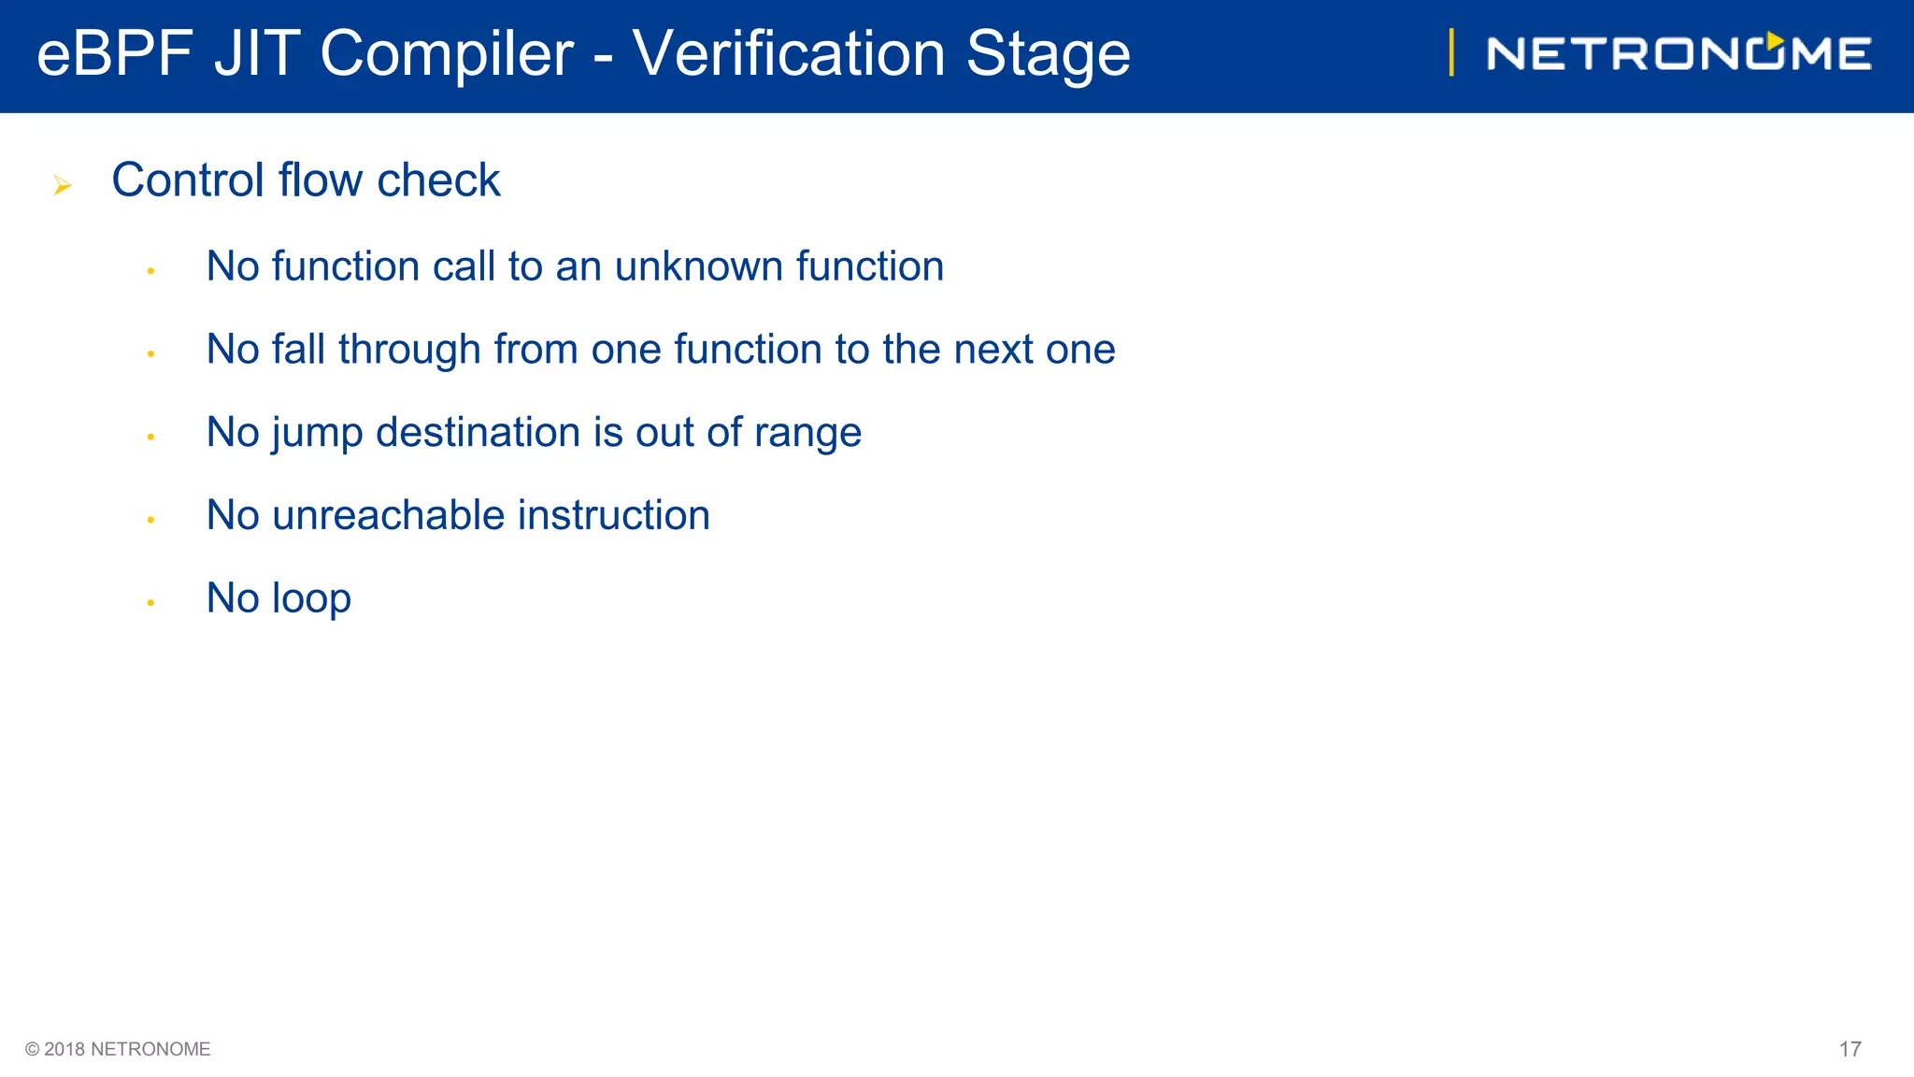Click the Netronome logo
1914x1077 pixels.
[x=1678, y=53]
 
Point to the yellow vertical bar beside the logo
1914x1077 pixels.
[x=1450, y=52]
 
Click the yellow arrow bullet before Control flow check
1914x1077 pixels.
[x=63, y=185]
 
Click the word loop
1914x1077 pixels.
[x=311, y=599]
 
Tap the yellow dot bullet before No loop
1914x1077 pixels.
[x=150, y=603]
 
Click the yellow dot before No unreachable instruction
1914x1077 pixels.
[x=150, y=520]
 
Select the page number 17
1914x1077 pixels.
[x=1850, y=1049]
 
